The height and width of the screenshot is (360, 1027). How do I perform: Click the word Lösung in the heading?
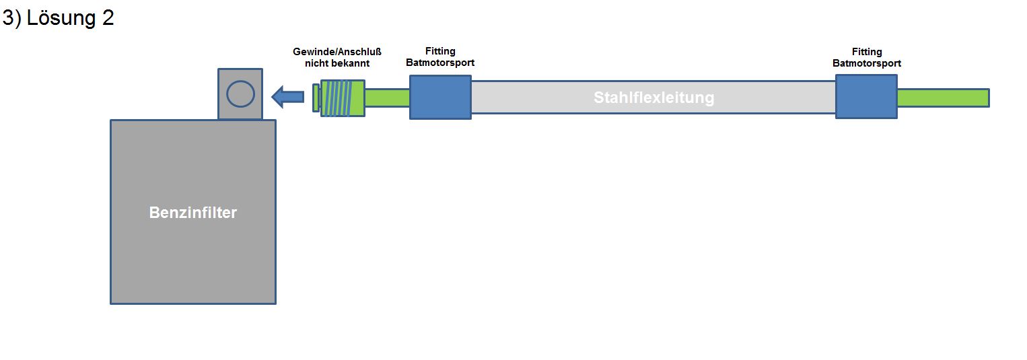(x=63, y=18)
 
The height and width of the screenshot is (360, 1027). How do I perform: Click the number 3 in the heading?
(x=8, y=18)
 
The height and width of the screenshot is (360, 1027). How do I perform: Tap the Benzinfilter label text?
(x=193, y=213)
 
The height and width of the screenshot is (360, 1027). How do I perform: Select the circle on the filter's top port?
(x=240, y=94)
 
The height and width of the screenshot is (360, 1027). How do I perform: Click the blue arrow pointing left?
(x=287, y=98)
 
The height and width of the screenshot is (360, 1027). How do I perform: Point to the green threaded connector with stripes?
(x=343, y=98)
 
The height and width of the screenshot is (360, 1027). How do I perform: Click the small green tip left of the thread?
(x=316, y=98)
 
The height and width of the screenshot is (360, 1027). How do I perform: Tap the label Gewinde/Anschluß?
(x=337, y=52)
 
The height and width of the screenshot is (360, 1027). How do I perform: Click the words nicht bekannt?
(x=337, y=63)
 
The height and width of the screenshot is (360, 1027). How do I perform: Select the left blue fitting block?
(x=440, y=98)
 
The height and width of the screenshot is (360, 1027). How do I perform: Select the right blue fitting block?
(x=866, y=98)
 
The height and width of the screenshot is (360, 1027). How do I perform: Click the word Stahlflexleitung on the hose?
(x=653, y=98)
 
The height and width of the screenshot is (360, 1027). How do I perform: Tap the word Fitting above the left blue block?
(x=440, y=51)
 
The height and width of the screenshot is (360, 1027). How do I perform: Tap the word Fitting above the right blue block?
(x=866, y=52)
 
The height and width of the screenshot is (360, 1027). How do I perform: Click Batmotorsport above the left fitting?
(x=440, y=63)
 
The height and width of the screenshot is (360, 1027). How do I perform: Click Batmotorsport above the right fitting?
(x=866, y=63)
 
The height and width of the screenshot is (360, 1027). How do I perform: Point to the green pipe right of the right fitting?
(x=942, y=98)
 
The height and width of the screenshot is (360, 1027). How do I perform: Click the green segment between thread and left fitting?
(x=387, y=98)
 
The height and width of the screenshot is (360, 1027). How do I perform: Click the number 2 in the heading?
(x=108, y=18)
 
